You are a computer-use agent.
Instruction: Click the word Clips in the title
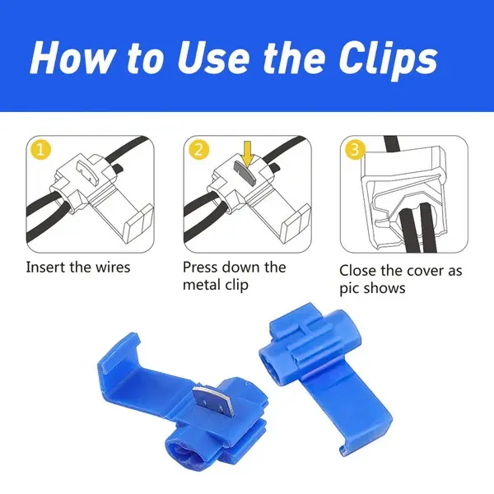pos(389,59)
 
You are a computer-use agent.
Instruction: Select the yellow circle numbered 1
pos(40,150)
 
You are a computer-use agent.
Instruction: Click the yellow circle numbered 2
pos(198,149)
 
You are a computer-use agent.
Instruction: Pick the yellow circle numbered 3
pos(355,149)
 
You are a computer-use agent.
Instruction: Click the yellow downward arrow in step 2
pos(248,154)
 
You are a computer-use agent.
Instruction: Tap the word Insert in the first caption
pos(45,267)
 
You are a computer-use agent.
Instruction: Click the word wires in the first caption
pos(113,268)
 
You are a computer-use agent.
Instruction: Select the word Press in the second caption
pos(201,267)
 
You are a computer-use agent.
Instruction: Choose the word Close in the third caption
pos(357,271)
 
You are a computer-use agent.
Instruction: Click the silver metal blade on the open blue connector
pos(209,400)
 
